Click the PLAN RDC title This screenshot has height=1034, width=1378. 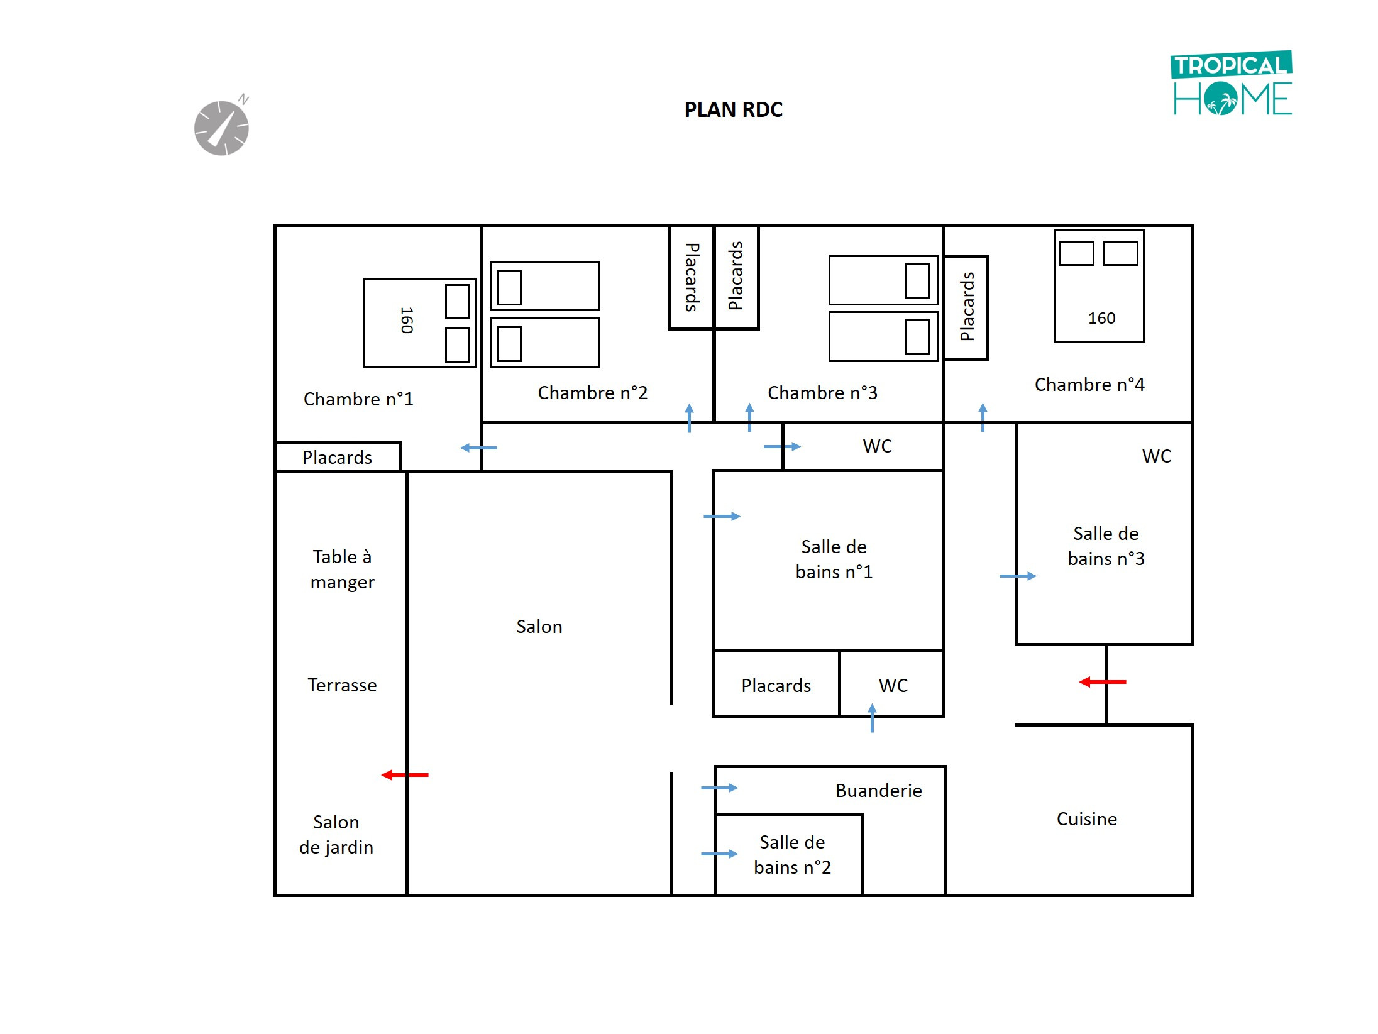(x=733, y=110)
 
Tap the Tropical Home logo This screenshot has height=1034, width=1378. (x=1232, y=84)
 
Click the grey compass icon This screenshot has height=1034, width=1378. (x=222, y=128)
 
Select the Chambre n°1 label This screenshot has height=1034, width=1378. (x=358, y=399)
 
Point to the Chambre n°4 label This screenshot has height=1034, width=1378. (x=1089, y=385)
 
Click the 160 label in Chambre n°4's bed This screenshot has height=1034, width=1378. (x=1101, y=318)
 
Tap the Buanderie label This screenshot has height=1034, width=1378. (x=878, y=791)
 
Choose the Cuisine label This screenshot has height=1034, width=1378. (x=1086, y=819)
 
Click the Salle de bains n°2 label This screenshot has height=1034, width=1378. (x=792, y=855)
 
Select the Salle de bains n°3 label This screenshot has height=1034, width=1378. (x=1106, y=546)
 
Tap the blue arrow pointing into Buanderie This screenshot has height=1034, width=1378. (x=719, y=788)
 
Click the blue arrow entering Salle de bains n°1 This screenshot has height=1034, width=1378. (x=722, y=517)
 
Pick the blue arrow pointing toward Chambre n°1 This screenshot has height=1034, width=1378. (x=478, y=448)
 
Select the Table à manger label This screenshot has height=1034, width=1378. (x=342, y=569)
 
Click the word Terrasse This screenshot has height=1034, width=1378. (x=342, y=685)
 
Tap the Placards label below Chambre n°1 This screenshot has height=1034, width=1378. (x=337, y=458)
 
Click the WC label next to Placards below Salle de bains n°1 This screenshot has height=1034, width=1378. (x=893, y=685)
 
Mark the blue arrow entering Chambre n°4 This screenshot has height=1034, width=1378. (x=983, y=417)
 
